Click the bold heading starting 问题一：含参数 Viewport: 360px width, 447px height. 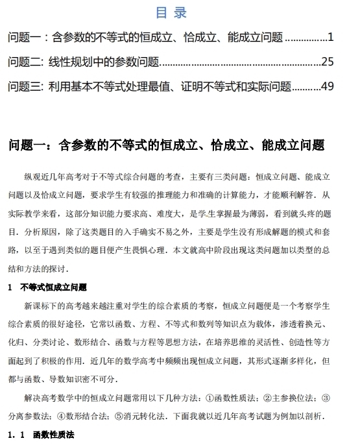click(x=165, y=145)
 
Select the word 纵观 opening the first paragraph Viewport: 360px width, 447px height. click(x=33, y=176)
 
